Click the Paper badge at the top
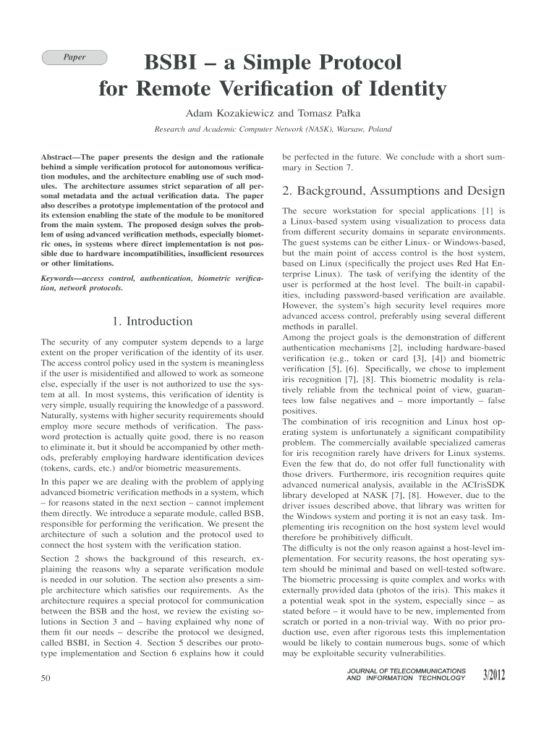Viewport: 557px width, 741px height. point(75,58)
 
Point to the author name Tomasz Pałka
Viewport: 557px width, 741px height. point(329,114)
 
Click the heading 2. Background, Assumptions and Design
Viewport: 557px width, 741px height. point(393,192)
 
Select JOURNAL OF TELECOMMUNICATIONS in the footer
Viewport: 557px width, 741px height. point(407,671)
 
